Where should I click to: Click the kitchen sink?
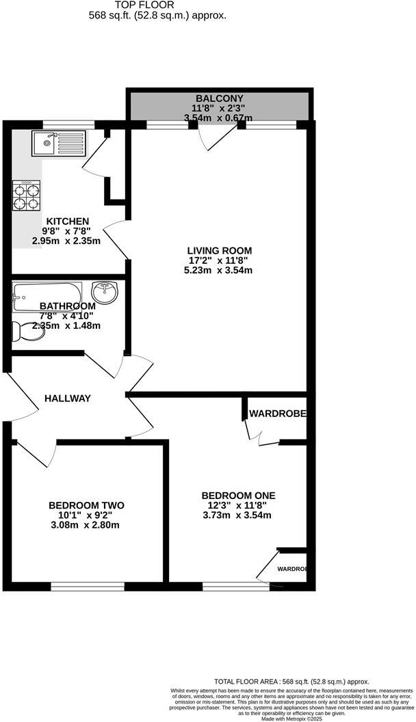click(57, 144)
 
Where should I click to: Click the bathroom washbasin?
click(105, 293)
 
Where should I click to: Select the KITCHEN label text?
click(68, 221)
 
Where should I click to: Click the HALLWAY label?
click(68, 398)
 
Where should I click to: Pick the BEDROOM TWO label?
click(86, 505)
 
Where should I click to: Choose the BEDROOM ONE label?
click(238, 496)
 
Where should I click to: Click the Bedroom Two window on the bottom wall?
click(88, 586)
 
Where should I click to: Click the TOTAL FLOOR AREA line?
click(291, 681)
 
